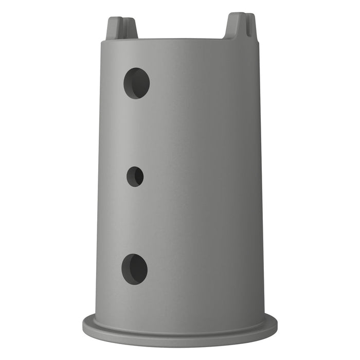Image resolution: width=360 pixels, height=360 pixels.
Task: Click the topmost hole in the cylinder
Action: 136,83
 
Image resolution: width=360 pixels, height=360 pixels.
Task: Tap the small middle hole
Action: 135,176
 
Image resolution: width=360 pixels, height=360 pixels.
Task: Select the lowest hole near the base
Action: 135,269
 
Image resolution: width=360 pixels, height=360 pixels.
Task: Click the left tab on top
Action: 121,29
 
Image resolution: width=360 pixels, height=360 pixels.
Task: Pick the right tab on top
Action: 240,26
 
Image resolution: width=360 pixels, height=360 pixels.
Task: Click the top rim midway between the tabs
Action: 180,39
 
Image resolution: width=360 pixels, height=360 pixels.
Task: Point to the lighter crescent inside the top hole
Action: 130,84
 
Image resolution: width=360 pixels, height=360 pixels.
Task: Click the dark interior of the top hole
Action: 139,83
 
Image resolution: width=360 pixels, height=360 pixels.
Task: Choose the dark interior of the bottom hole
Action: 138,268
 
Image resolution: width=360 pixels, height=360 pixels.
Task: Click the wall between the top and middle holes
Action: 136,131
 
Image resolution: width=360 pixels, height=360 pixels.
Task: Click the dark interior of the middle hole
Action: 137,176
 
